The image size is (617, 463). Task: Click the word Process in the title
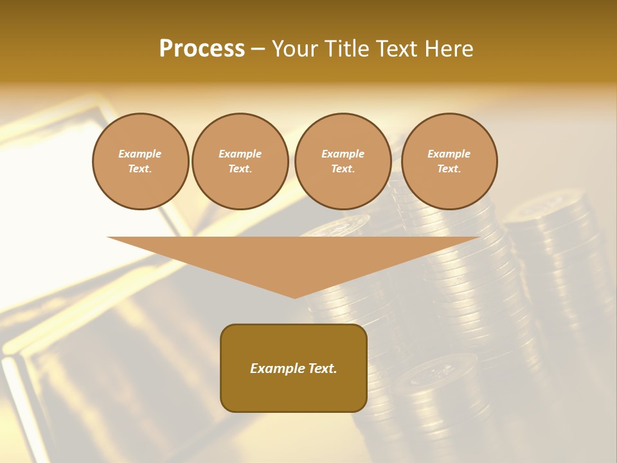(202, 49)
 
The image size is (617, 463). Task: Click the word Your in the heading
(296, 49)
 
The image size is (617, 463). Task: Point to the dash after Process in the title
(258, 50)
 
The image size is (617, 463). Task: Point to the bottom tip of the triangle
(294, 297)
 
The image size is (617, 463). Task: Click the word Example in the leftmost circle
(140, 154)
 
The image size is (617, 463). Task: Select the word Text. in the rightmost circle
(449, 168)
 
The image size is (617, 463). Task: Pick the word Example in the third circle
(343, 154)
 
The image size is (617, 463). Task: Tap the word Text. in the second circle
(240, 168)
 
